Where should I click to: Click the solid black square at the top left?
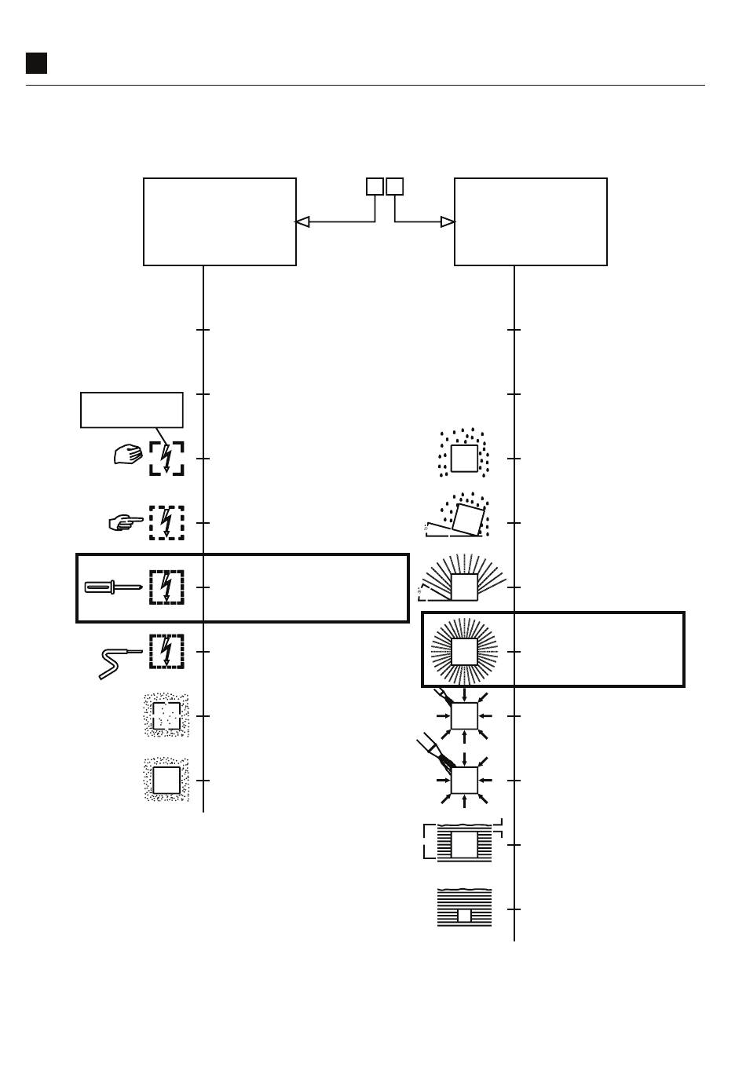click(x=36, y=64)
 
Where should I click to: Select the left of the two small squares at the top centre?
click(x=375, y=187)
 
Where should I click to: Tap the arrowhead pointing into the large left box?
click(x=302, y=222)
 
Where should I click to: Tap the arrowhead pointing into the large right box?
click(x=448, y=222)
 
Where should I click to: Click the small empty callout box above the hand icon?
click(x=132, y=410)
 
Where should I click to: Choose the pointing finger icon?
click(x=126, y=522)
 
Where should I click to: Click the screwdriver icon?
click(x=112, y=587)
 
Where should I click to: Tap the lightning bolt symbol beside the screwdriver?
click(x=166, y=587)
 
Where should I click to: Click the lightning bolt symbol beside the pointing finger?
click(x=166, y=523)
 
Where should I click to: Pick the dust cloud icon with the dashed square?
click(x=166, y=715)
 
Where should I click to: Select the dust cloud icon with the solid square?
click(x=166, y=781)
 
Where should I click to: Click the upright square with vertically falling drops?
click(x=464, y=455)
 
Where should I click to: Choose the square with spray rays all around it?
click(x=464, y=652)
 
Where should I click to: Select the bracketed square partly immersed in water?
click(x=464, y=843)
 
